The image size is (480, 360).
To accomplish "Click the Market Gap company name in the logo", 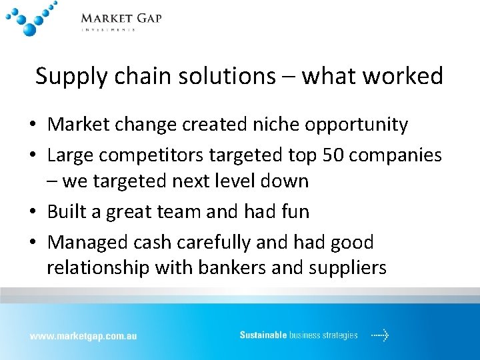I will (121, 18).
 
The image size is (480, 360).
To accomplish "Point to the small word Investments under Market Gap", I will (108, 30).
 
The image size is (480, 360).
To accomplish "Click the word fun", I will (294, 211).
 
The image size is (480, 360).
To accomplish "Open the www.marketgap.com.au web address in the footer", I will (83, 336).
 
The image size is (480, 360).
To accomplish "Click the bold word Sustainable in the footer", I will (263, 335).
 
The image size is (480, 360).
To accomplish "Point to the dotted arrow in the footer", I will (380, 335).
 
